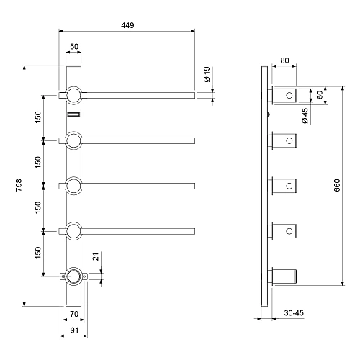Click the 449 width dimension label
[127, 25]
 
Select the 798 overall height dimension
[19, 185]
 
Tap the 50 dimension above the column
[74, 46]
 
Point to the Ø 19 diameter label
[207, 74]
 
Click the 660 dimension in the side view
[337, 185]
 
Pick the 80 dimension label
[284, 60]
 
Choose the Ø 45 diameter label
[305, 116]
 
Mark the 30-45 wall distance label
[294, 312]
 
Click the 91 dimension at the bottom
[74, 330]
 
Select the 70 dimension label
[74, 314]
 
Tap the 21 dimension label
[96, 256]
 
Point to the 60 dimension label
[320, 95]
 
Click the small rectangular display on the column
[73, 114]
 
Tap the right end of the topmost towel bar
[194, 95]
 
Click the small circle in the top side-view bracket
[289, 95]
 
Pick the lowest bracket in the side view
[282, 276]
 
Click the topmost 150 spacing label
[38, 117]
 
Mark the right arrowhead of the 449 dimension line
[192, 31]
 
